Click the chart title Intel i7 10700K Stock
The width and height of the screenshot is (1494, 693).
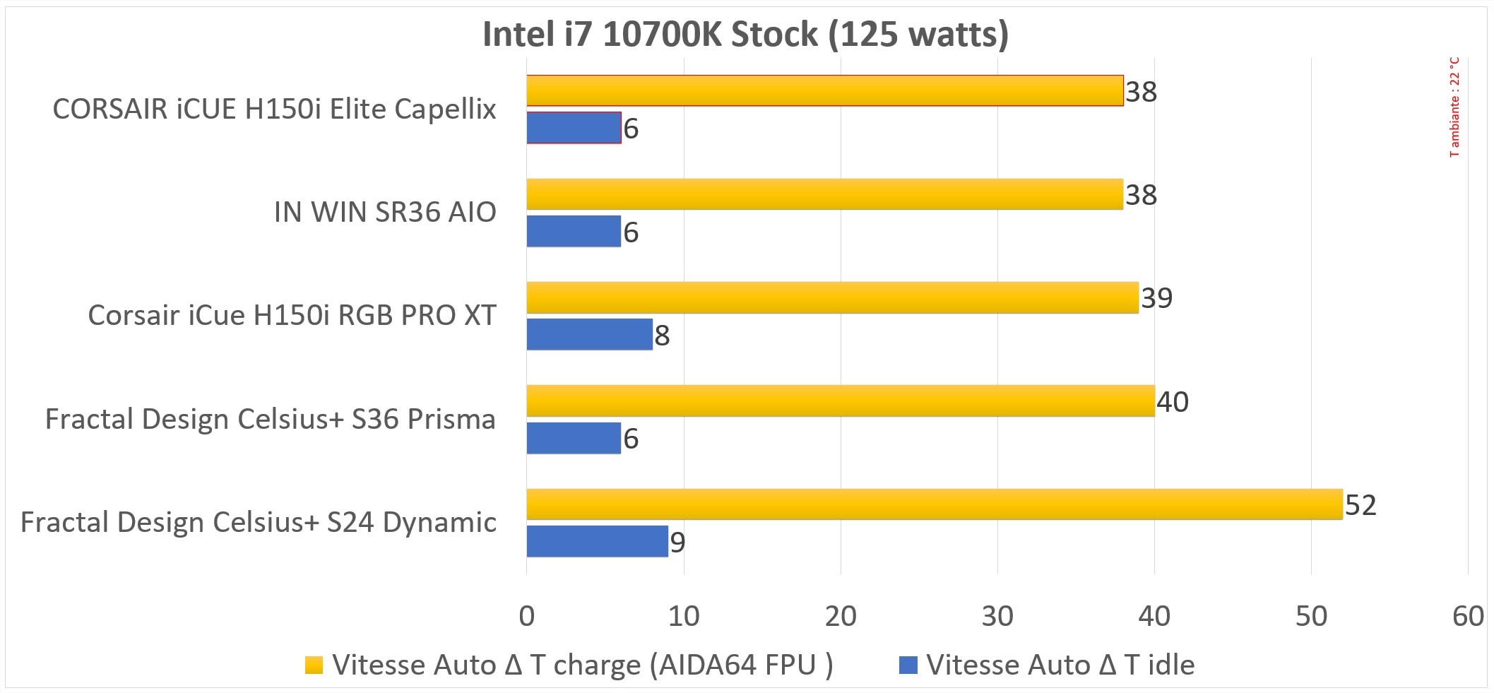click(x=745, y=34)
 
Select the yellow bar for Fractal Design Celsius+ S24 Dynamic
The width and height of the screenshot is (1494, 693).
click(x=934, y=504)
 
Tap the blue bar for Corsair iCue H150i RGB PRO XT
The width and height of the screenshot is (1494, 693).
click(x=589, y=334)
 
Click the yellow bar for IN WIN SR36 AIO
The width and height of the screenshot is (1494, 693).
click(x=824, y=194)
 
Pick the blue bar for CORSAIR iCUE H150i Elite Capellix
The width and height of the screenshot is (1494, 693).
click(x=574, y=128)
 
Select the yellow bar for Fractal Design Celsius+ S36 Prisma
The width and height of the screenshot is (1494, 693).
click(x=840, y=401)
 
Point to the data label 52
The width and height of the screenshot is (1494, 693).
click(x=1360, y=506)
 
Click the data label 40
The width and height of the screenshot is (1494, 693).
click(x=1173, y=402)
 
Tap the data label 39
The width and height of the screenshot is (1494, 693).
click(x=1157, y=298)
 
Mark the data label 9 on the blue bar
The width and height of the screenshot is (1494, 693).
click(x=677, y=543)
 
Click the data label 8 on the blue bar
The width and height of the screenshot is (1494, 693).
click(x=662, y=336)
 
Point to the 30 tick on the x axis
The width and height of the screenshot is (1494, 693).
click(x=997, y=617)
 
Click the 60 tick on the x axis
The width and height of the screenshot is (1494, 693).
click(x=1468, y=617)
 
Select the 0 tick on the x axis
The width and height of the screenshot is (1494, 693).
click(x=527, y=617)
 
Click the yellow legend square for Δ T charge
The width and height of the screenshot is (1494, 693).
click(x=314, y=665)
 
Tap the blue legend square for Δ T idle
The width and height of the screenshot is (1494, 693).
click(x=908, y=665)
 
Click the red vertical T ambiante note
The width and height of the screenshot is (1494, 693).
click(x=1454, y=107)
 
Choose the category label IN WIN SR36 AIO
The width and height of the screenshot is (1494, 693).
click(x=385, y=212)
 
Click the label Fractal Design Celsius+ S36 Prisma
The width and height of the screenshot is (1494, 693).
click(x=270, y=419)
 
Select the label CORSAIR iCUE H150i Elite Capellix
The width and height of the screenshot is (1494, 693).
click(x=274, y=109)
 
